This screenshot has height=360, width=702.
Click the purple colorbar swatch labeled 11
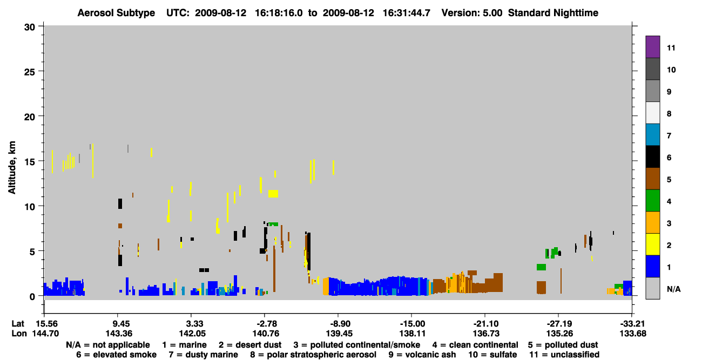point(652,46)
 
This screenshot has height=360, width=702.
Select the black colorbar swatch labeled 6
point(652,157)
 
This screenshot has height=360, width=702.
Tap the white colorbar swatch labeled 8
point(652,113)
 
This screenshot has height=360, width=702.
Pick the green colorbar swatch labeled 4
point(652,201)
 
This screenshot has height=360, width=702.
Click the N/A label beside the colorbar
point(673,289)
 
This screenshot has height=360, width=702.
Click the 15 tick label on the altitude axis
point(30,162)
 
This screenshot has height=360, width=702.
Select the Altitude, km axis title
point(11,168)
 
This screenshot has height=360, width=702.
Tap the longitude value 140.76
point(266,334)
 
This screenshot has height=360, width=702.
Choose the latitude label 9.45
point(119,324)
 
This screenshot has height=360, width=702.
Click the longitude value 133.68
point(632,334)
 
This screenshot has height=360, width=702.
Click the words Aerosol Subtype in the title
point(116,13)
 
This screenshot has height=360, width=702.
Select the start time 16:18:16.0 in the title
point(279,13)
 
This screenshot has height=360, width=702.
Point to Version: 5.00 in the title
point(472,13)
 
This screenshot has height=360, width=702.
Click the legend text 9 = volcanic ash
point(422,355)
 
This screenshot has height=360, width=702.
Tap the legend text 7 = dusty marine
point(203,355)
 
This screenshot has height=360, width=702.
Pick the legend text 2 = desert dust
point(250,345)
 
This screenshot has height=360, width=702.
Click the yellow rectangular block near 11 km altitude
point(273,194)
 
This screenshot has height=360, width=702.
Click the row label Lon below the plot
point(19,334)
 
